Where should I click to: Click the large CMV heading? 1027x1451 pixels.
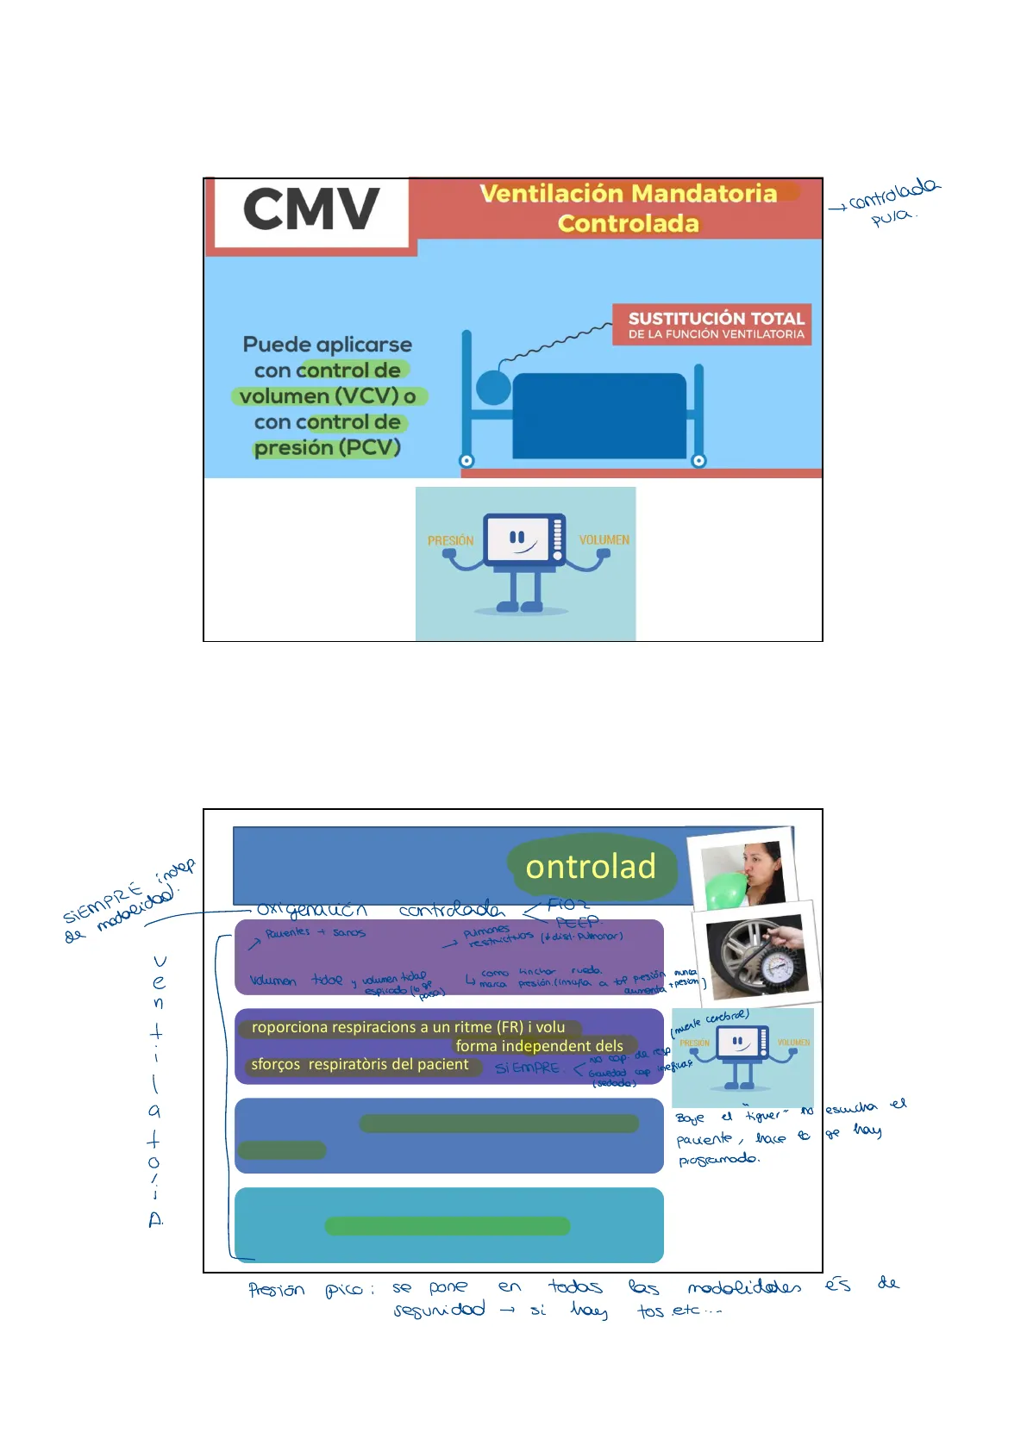coord(310,209)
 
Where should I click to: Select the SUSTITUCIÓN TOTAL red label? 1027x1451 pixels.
coord(715,319)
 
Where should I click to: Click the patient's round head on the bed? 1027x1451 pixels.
coord(493,387)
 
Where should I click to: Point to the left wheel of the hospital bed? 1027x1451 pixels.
coord(467,460)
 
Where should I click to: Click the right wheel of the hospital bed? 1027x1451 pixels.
coord(698,460)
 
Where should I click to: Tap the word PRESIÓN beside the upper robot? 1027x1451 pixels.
coord(450,540)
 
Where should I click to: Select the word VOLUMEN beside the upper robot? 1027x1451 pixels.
coord(604,539)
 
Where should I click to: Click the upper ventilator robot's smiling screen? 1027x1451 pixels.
coord(517,539)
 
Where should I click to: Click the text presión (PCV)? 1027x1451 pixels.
coord(327,448)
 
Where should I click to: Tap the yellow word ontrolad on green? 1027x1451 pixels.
coord(591,867)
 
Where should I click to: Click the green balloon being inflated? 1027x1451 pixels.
coord(727,889)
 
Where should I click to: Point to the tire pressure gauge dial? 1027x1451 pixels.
coord(780,968)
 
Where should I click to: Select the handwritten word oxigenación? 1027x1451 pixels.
coord(311,910)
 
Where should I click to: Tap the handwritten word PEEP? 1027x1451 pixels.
coord(577,922)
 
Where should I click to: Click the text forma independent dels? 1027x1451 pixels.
coord(539,1046)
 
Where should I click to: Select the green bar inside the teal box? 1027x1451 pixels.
coord(447,1225)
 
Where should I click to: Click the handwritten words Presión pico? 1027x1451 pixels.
coord(310,1290)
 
